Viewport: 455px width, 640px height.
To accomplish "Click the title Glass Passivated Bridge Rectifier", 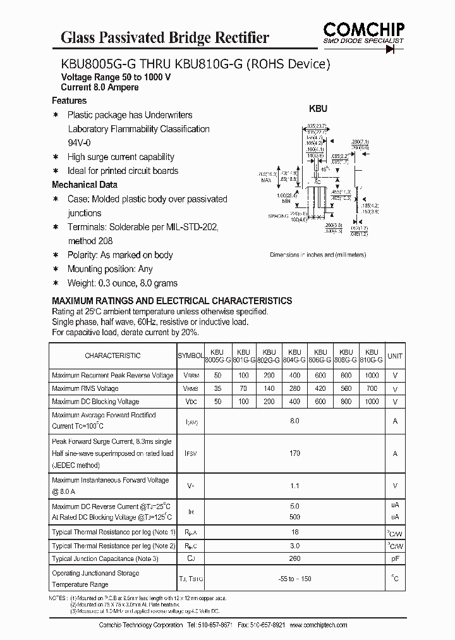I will coord(164,37).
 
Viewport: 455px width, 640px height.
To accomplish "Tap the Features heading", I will coord(69,101).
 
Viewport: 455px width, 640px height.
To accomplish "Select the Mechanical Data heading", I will coord(84,185).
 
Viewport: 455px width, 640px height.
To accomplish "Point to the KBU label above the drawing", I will coord(317,109).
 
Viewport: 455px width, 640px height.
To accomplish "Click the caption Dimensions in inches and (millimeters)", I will coord(317,255).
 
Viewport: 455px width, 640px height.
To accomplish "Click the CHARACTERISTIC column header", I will coord(112,356).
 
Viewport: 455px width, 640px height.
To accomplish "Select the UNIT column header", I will coord(395,356).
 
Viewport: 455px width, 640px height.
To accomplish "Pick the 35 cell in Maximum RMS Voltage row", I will coord(217,388).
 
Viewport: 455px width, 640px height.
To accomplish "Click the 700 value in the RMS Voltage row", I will coord(372,388).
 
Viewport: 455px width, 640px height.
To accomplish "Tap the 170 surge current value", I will coord(294,453).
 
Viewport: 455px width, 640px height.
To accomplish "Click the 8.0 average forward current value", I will coord(294,421).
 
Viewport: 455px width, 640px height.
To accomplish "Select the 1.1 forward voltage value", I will coord(294,486).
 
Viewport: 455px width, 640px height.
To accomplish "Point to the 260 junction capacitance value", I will coord(294,558).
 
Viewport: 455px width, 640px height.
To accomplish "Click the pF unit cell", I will coord(395,558).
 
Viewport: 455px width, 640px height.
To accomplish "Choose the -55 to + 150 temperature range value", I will coord(294,579).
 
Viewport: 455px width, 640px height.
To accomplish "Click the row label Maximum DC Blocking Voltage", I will coord(95,402).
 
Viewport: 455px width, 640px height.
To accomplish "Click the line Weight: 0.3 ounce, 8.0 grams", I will coord(123,283).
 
